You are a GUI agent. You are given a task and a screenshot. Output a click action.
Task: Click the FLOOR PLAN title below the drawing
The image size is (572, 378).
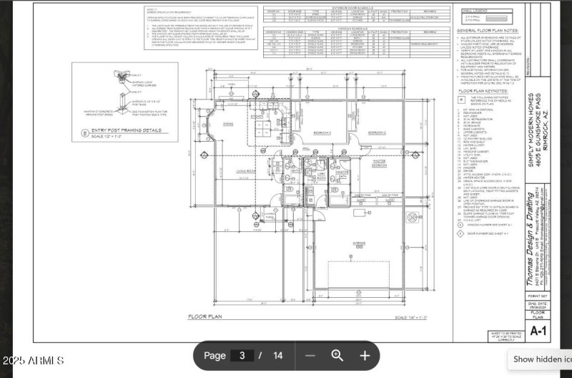[207, 316]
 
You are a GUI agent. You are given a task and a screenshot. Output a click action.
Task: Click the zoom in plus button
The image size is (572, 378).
[365, 355]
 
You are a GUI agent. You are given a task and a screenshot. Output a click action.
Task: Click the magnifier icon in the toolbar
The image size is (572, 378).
[337, 355]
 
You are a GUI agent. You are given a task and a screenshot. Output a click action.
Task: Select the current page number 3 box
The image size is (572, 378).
[242, 355]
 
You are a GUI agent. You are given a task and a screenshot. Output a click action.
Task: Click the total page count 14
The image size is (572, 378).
[278, 355]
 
